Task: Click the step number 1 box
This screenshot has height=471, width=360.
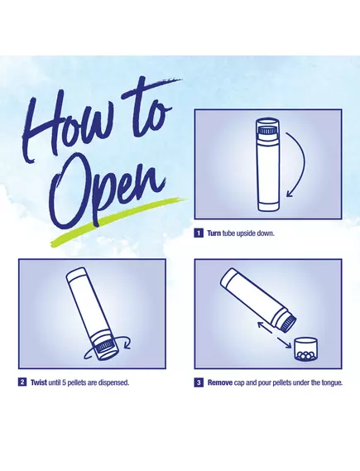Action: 199,233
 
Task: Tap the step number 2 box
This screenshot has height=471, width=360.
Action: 22,382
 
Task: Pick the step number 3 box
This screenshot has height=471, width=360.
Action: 199,382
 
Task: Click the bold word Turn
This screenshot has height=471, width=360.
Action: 214,233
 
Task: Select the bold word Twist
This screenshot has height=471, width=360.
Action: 39,382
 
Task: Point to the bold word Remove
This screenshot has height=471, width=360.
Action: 220,382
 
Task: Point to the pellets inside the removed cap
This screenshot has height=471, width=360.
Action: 306,355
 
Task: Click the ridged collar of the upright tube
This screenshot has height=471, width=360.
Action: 267,131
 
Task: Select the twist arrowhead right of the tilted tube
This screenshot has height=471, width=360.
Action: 127,343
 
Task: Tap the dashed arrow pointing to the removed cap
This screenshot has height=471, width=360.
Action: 284,342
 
